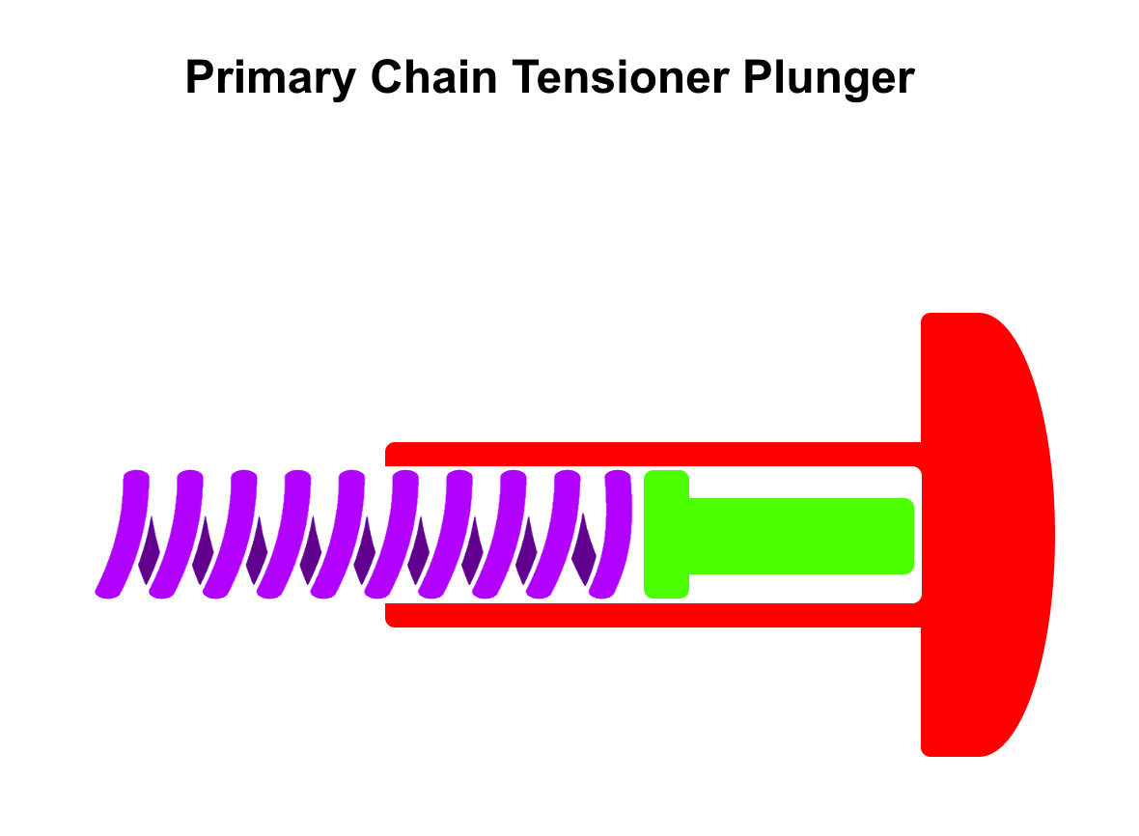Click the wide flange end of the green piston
[x=666, y=534]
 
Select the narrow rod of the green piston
[x=801, y=536]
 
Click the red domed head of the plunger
[x=985, y=534]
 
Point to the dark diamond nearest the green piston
[x=583, y=551]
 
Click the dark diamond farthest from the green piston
[x=150, y=551]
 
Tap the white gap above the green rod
[x=801, y=483]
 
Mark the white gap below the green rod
[x=801, y=588]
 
